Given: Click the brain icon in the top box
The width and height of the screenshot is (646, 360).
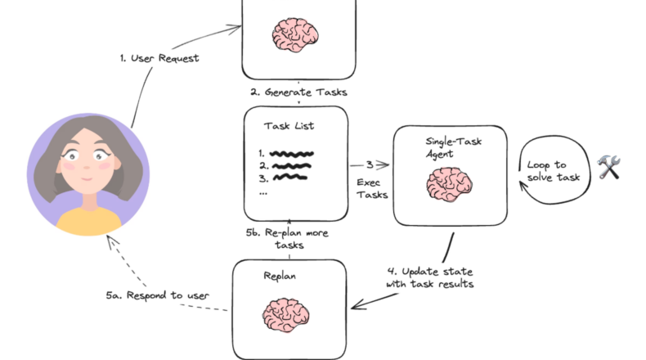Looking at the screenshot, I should coord(297,34).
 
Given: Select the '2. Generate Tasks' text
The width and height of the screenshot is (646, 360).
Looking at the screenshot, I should coord(298,92).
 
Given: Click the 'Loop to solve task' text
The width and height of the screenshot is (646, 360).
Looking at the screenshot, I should coord(559,171).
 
